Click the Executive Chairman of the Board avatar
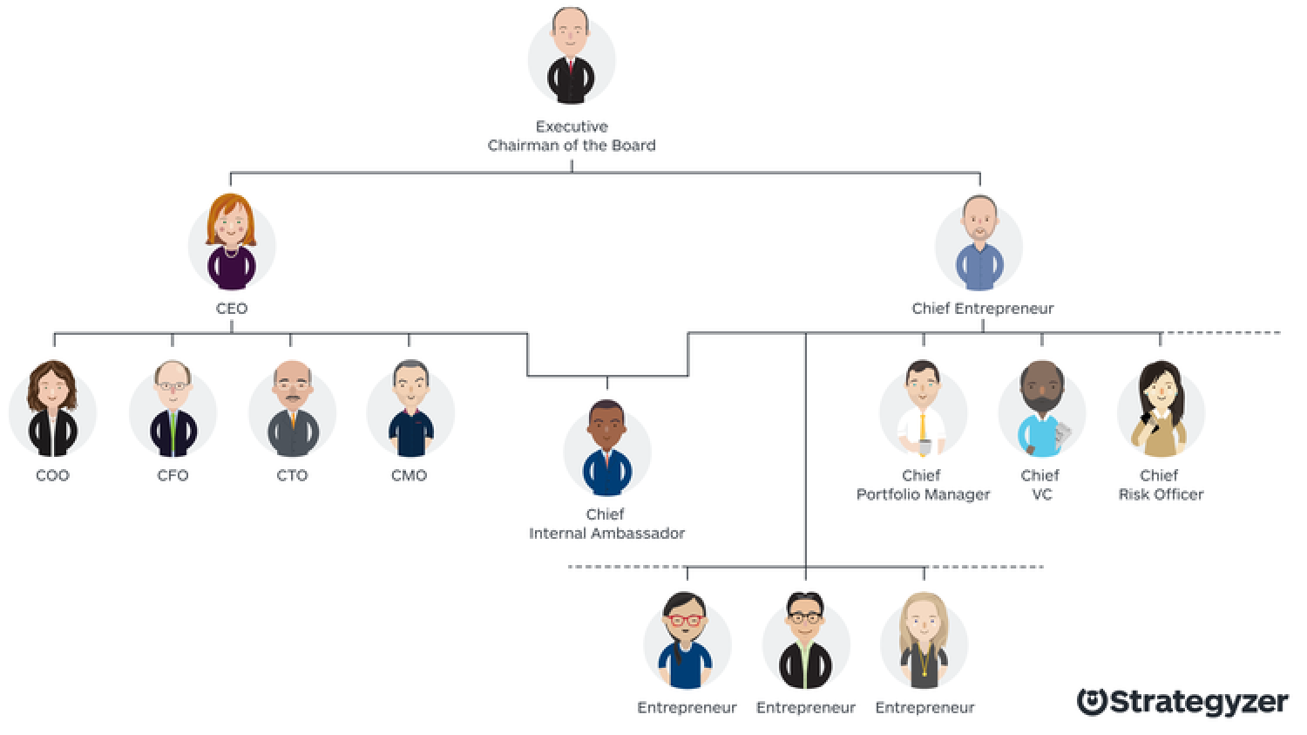[x=572, y=57]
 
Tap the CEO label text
[x=232, y=309]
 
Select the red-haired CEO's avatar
[x=232, y=242]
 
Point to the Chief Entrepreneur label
[x=983, y=309]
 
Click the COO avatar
[x=52, y=409]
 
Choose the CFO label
[x=173, y=475]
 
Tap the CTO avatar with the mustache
[x=292, y=409]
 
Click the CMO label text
[x=409, y=475]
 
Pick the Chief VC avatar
[x=1041, y=409]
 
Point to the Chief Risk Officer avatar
[x=1161, y=409]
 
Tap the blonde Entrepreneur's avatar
[x=924, y=641]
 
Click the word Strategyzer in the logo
[x=1198, y=703]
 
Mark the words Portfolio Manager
[x=923, y=494]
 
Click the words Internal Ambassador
[x=606, y=534]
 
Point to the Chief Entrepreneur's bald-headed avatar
[x=979, y=243]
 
